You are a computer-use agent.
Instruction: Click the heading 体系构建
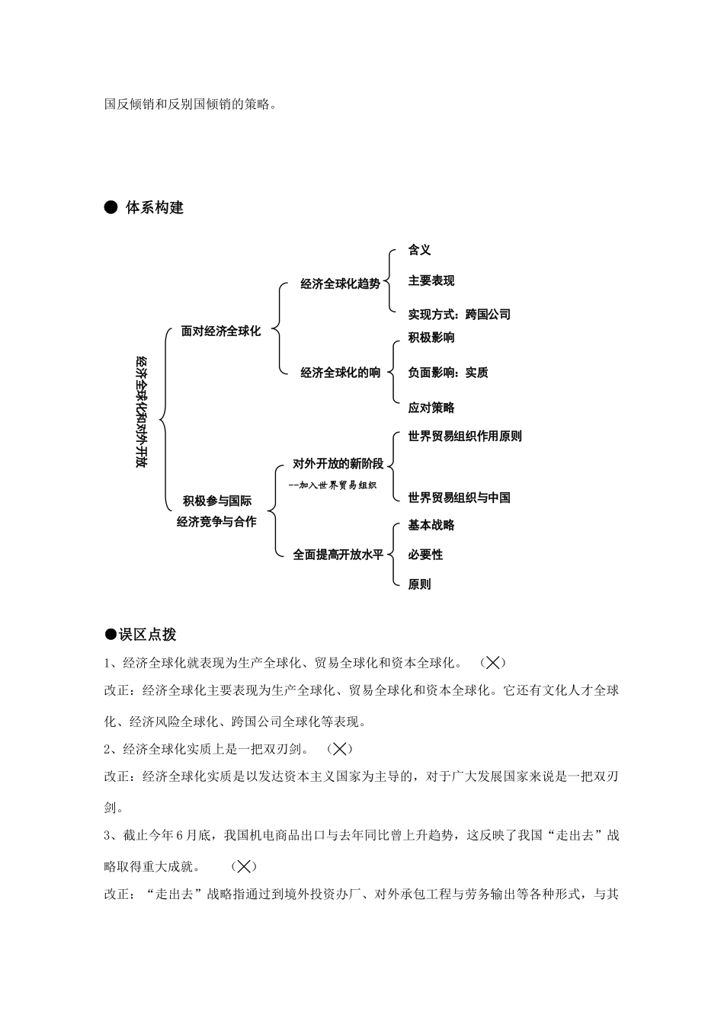(154, 208)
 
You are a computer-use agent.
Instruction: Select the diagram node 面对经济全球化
(221, 331)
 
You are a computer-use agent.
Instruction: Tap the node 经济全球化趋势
(340, 284)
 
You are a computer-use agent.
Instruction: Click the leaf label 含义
(419, 250)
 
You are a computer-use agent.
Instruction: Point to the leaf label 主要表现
(431, 281)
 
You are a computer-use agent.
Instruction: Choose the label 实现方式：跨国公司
(459, 314)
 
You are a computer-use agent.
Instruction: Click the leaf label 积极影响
(431, 338)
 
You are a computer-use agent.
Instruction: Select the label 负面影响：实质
(447, 373)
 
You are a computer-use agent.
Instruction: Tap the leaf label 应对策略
(431, 408)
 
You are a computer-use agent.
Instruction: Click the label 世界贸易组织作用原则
(465, 437)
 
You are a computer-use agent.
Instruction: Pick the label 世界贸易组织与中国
(459, 498)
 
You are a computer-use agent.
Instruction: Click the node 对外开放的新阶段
(338, 464)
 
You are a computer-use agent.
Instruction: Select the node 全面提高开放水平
(338, 555)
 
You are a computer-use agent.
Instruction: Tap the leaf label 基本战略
(431, 525)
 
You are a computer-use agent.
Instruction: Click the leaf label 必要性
(425, 555)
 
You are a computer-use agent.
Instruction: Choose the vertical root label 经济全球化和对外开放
(141, 411)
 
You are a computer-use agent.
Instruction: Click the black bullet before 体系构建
(111, 207)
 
